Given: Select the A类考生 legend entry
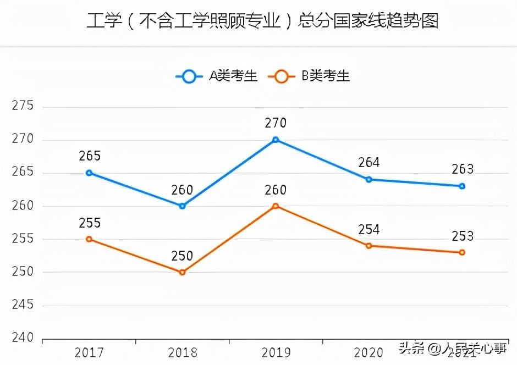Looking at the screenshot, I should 217,76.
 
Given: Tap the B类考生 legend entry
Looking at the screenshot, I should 310,76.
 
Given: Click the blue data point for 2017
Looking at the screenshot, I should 89,173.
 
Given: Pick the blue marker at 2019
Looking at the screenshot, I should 276,140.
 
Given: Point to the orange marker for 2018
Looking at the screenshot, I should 182,272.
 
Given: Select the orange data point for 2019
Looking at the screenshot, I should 276,206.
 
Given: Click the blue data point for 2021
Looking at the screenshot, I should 462,186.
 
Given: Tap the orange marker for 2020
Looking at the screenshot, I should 369,246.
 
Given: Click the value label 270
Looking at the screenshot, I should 276,123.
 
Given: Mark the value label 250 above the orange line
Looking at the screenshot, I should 182,256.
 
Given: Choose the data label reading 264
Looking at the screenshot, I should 369,163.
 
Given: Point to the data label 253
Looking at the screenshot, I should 462,236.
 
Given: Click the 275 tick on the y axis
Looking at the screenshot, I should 23,106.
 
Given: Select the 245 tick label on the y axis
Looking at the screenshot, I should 23,305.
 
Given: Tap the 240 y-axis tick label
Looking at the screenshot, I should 23,338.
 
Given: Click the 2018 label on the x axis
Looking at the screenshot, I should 182,352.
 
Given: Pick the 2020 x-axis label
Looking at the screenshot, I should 369,352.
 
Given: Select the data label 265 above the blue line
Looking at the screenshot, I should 90,156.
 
